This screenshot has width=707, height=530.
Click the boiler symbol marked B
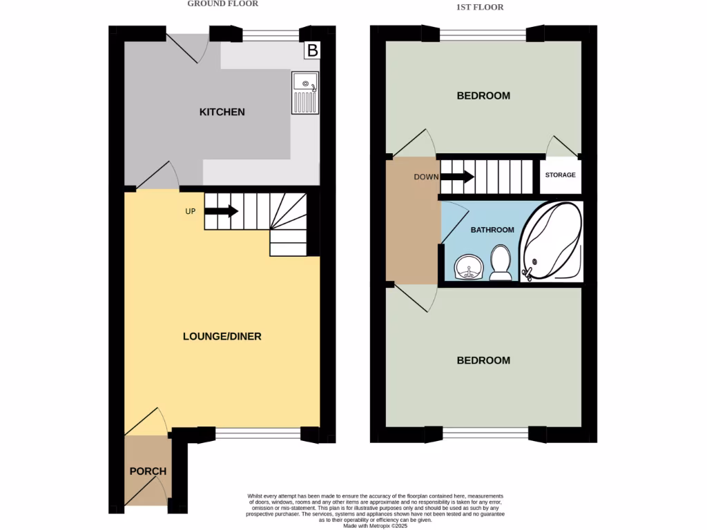pyautogui.click(x=313, y=50)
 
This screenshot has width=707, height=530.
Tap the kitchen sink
pyautogui.click(x=304, y=92)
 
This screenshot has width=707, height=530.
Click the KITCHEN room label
pyautogui.click(x=222, y=112)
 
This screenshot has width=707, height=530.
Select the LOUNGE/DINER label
pyautogui.click(x=222, y=337)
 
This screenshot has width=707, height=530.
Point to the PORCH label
pyautogui.click(x=148, y=471)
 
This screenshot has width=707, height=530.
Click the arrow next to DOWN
pyautogui.click(x=456, y=177)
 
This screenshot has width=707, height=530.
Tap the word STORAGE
pyautogui.click(x=560, y=175)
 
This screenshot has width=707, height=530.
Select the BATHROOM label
pyautogui.click(x=492, y=230)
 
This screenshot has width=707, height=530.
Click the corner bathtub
pyautogui.click(x=551, y=242)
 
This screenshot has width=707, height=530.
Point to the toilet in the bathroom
pyautogui.click(x=501, y=264)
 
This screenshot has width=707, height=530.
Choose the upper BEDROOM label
pyautogui.click(x=483, y=95)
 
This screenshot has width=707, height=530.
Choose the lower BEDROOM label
pyautogui.click(x=483, y=360)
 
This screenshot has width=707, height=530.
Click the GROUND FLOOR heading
pyautogui.click(x=222, y=4)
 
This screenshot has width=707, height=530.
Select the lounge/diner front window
pyautogui.click(x=258, y=433)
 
